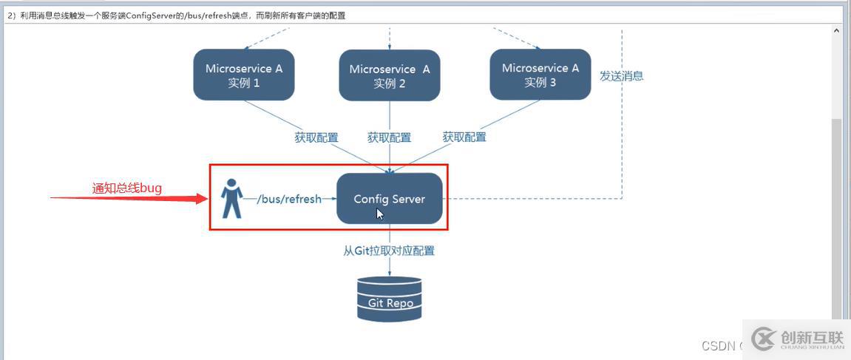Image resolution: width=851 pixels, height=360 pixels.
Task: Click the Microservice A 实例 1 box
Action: (244, 75)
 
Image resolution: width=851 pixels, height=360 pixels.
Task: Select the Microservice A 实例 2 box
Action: (390, 75)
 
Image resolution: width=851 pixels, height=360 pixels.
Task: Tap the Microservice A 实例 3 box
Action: (540, 74)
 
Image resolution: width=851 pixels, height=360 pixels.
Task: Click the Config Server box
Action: (390, 199)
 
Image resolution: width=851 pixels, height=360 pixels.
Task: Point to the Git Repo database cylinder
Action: (389, 298)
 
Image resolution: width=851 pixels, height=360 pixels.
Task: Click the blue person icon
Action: (232, 198)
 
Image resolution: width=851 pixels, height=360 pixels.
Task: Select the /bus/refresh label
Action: (289, 199)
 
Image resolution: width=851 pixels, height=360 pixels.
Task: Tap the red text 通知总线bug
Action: (126, 189)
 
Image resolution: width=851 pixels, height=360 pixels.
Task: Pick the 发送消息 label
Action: (621, 75)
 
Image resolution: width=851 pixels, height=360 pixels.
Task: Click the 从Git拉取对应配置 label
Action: (389, 251)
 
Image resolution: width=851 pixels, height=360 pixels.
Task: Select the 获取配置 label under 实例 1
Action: (316, 137)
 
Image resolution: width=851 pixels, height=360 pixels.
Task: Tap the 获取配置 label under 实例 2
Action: (389, 137)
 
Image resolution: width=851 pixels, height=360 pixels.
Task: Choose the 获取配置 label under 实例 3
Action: (464, 137)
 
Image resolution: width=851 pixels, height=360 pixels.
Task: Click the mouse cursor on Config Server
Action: (379, 214)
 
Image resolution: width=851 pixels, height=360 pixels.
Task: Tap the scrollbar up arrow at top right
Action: (837, 31)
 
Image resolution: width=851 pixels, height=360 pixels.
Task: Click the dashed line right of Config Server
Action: (532, 199)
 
